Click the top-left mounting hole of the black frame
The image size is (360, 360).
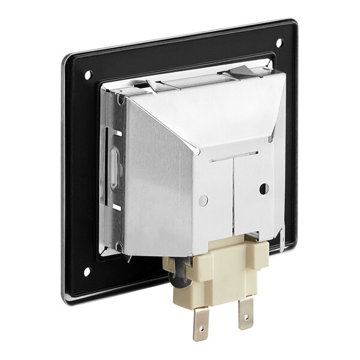(x=88, y=75)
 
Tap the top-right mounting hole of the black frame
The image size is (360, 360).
(x=278, y=42)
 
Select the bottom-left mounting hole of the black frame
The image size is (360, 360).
(x=86, y=272)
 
